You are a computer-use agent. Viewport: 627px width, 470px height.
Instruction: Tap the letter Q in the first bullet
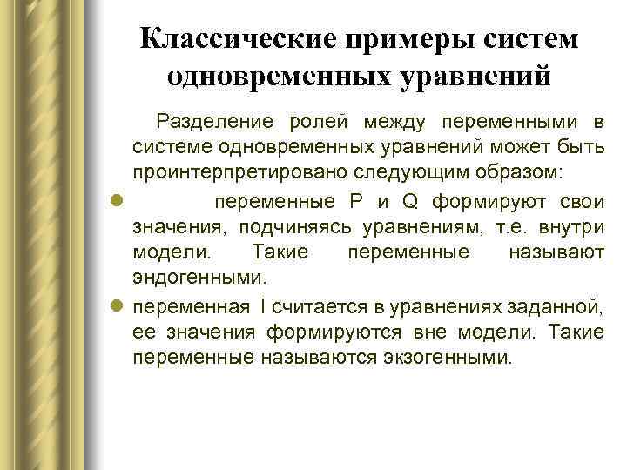tap(409, 202)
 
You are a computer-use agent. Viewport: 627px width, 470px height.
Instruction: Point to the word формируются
tap(384, 332)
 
